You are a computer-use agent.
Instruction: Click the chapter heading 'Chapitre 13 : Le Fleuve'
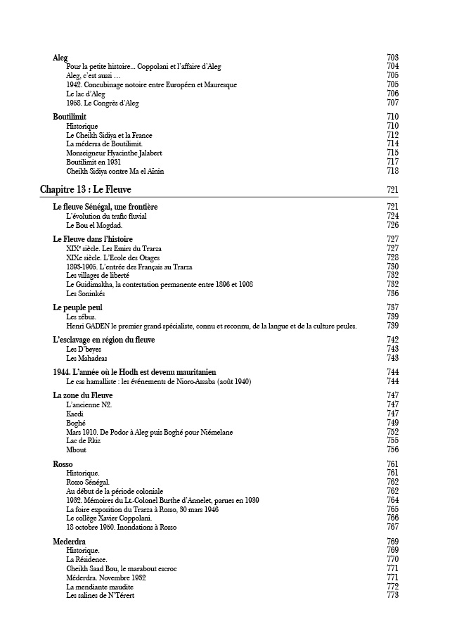[x=85, y=190]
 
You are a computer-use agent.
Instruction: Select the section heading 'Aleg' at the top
[x=60, y=58]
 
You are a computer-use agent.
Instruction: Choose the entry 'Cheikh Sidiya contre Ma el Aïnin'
[x=115, y=171]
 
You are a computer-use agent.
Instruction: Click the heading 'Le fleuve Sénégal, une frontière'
[x=105, y=207]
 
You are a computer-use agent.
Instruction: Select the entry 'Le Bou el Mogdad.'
[x=94, y=225]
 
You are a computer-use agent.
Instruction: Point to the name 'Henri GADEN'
[x=86, y=326]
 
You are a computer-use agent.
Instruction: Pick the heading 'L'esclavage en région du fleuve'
[x=103, y=340]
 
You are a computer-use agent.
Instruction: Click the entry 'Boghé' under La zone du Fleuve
[x=76, y=423]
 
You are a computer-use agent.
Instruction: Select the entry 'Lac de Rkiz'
[x=83, y=440]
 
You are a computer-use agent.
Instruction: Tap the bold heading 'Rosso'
[x=63, y=464]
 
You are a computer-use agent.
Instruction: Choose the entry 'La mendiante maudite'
[x=100, y=587]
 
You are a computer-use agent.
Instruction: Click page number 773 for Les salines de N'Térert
[x=392, y=596]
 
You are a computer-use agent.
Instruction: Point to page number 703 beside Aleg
[x=392, y=58]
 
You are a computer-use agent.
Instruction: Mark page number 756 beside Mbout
[x=392, y=449]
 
